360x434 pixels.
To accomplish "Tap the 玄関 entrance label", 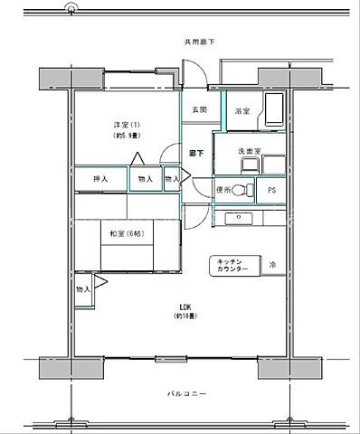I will pyautogui.click(x=199, y=110).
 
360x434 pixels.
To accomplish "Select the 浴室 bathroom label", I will pyautogui.click(x=242, y=112).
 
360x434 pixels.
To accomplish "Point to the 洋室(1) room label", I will pyautogui.click(x=125, y=124).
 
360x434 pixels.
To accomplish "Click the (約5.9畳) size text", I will pyautogui.click(x=125, y=136).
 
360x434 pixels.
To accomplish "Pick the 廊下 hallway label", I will pyautogui.click(x=195, y=154).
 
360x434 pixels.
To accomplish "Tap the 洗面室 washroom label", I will pyautogui.click(x=249, y=151).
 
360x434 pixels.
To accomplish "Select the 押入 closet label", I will pyautogui.click(x=100, y=179).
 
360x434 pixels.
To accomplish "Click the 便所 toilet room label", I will pyautogui.click(x=225, y=190).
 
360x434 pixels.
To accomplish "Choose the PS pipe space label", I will pyautogui.click(x=270, y=190).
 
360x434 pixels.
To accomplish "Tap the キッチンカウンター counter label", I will pyautogui.click(x=232, y=265).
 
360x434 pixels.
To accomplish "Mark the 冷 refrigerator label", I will pyautogui.click(x=272, y=265).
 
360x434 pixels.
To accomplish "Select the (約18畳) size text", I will pyautogui.click(x=186, y=316).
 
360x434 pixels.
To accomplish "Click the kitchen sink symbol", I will pyautogui.click(x=241, y=217).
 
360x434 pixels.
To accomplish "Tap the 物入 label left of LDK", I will pyautogui.click(x=82, y=289).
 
